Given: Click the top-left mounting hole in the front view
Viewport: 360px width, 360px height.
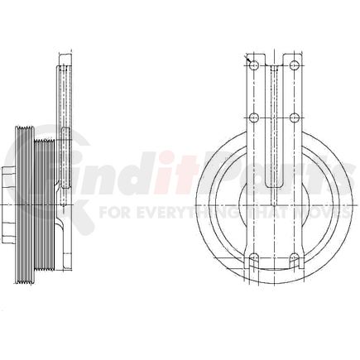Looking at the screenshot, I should pyautogui.click(x=255, y=65).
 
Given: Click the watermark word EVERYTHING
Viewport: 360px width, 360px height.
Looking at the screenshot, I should pyautogui.click(x=169, y=212).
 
